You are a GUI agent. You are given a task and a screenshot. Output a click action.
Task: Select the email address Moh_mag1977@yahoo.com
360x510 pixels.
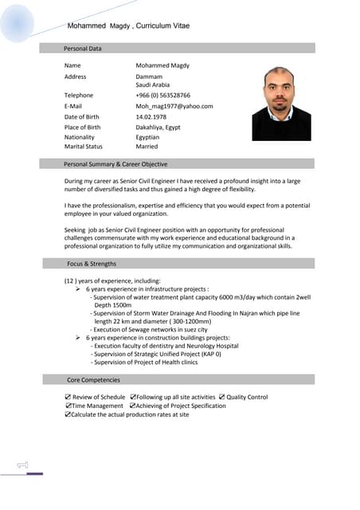174,106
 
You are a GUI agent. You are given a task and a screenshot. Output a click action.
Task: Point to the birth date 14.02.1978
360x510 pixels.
154,116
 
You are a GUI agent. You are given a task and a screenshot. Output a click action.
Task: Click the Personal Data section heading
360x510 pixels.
83,49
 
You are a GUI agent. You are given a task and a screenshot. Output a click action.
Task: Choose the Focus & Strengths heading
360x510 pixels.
92,263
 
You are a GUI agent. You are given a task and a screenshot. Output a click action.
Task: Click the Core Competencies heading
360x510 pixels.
94,380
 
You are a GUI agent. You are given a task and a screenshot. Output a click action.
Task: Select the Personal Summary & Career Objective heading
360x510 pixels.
115,164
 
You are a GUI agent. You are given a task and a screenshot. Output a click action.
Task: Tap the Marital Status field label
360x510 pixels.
84,147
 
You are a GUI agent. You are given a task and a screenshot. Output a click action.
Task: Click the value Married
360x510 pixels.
147,147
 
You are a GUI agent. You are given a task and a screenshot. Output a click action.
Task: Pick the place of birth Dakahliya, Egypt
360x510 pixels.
158,127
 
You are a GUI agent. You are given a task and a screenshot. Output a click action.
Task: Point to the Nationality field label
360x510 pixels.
80,137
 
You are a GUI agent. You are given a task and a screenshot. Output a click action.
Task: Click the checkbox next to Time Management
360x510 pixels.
68,406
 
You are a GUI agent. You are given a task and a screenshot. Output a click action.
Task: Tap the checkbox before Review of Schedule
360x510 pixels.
68,397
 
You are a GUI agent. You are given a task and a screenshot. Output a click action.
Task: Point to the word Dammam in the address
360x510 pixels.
149,76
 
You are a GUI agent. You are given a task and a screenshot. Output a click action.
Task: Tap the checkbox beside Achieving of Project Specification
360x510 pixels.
132,406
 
